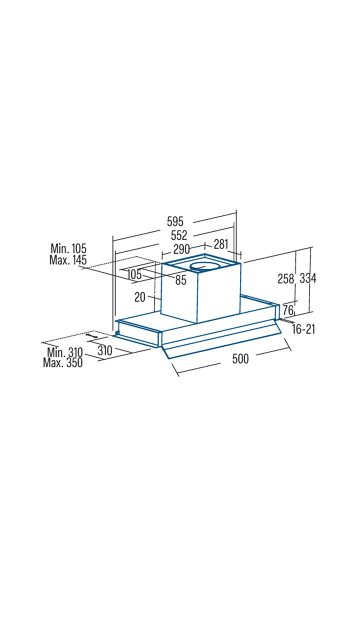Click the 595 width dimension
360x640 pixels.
175,221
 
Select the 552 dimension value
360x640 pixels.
179,235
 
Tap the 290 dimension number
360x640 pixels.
181,249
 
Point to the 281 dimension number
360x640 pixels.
221,244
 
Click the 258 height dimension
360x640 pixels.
285,278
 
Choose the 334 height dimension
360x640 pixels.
307,278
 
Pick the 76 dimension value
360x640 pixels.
288,310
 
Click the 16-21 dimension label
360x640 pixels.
303,329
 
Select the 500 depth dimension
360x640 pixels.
240,358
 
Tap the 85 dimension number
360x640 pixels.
181,280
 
